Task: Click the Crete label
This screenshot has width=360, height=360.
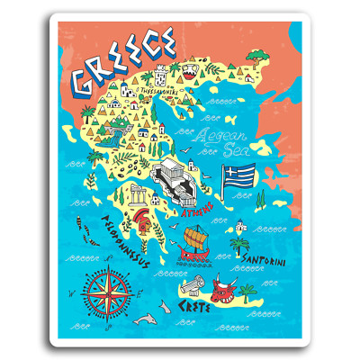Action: tap(198, 306)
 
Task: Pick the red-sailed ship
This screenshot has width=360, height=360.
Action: tap(198, 243)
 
